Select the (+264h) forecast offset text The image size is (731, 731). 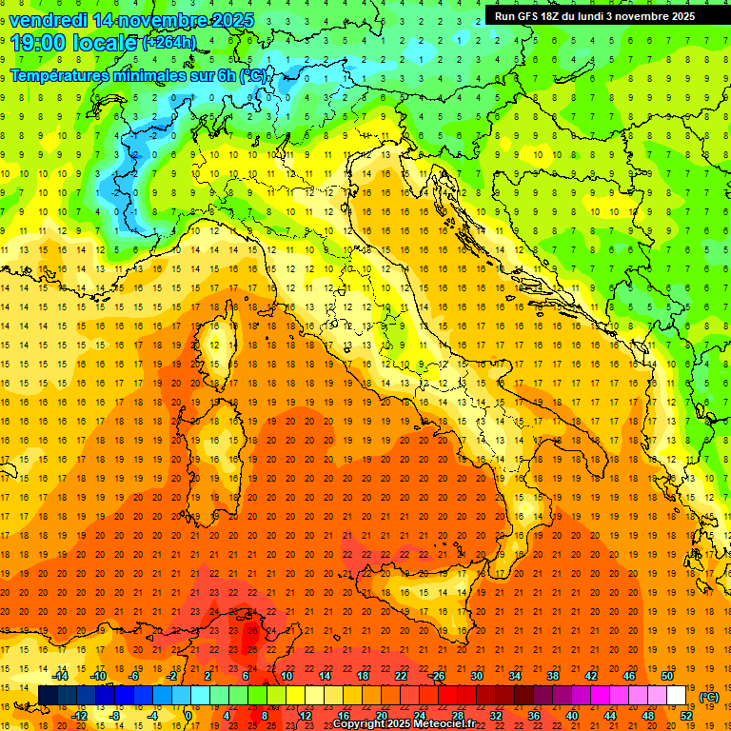[169, 42]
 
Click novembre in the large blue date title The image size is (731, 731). [161, 20]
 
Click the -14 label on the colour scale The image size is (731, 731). [60, 676]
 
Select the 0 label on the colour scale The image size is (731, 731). [188, 715]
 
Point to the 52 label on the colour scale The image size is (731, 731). [684, 715]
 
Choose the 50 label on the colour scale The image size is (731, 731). [666, 676]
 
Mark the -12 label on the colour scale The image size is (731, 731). [79, 715]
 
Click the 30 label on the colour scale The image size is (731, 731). [476, 676]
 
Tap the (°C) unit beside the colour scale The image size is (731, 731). [709, 697]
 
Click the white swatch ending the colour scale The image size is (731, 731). [676, 695]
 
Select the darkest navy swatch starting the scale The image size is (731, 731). [48, 695]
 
